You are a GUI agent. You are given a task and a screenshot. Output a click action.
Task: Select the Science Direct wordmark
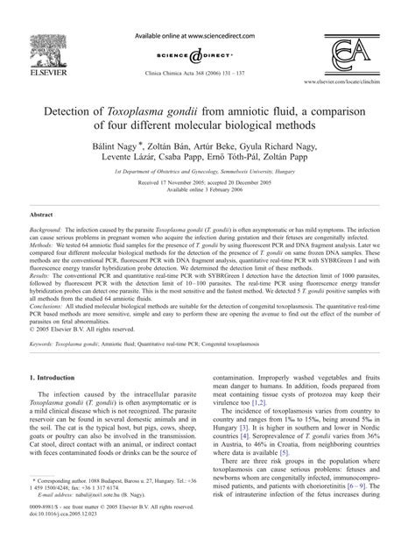[x=207, y=52]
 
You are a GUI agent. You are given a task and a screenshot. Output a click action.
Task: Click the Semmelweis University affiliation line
[x=207, y=185]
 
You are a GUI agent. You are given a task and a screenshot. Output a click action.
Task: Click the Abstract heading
[x=42, y=238]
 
